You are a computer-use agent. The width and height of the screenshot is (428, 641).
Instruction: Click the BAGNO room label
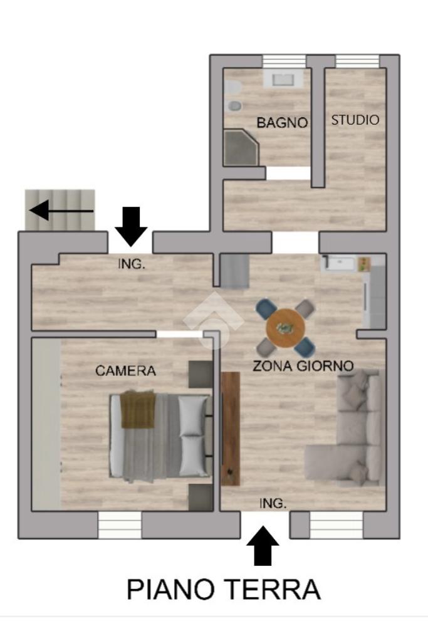282,122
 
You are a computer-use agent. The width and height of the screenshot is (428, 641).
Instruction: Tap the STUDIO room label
355,120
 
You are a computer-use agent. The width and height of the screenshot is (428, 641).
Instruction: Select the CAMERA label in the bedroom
125,371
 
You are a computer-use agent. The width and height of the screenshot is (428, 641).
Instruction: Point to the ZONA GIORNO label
303,365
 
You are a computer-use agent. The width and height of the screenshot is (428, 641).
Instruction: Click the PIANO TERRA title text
223,589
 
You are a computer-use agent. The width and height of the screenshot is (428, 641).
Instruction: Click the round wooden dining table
285,328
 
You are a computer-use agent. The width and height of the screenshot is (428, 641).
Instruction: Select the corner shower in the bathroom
241,148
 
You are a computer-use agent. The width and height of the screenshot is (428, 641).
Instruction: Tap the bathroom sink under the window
283,78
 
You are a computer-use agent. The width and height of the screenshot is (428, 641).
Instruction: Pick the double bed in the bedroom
160,435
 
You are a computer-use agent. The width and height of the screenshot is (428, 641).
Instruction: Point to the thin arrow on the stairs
61,211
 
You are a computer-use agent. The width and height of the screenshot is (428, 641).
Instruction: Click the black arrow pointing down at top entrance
131,226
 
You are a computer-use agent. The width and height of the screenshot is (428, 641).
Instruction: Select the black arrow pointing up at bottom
263,546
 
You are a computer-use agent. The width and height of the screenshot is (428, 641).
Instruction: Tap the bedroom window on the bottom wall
120,524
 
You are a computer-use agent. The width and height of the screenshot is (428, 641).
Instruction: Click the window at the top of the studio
358,61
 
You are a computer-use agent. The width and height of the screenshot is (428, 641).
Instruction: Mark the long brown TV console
231,429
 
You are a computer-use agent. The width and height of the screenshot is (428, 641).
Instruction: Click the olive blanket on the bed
138,409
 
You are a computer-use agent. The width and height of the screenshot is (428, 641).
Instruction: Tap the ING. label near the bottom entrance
273,503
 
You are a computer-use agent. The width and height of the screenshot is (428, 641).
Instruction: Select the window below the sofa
336,525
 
